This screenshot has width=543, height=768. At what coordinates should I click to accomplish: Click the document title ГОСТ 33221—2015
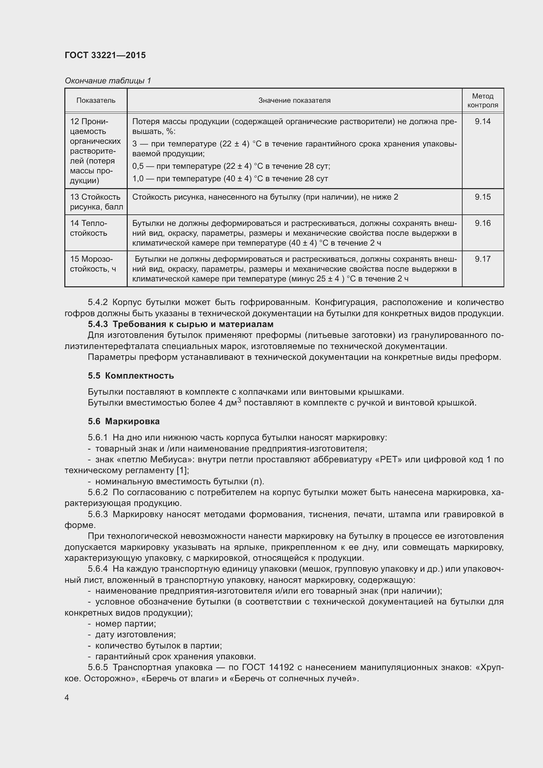105,55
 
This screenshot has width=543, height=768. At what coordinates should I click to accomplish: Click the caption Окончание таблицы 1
108,81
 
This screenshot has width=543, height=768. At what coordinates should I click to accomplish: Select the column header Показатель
96,100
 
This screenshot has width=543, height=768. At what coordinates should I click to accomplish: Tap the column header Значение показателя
294,100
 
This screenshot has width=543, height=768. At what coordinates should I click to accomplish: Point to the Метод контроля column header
483,100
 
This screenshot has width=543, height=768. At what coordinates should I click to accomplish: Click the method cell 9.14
483,121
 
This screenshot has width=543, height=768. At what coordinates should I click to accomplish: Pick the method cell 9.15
483,197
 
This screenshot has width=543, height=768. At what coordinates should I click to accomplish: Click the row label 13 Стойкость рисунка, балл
96,202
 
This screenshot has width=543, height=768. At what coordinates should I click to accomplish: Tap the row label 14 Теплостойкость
89,228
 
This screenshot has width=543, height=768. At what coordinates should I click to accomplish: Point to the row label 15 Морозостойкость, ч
93,264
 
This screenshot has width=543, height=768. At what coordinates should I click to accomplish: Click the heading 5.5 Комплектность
131,376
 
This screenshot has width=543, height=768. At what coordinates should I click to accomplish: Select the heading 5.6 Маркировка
124,422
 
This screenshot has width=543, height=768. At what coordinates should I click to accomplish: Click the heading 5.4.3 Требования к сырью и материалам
181,324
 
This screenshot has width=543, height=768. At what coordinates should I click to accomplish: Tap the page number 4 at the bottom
67,698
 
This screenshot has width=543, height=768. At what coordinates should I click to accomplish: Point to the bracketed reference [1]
182,471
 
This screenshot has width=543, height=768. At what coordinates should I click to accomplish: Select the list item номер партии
125,624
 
